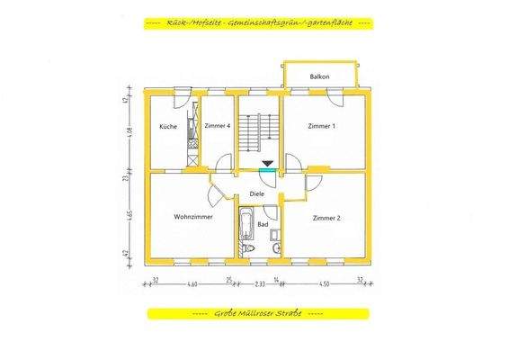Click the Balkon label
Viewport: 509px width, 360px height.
(319, 77)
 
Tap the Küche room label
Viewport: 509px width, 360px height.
(168, 127)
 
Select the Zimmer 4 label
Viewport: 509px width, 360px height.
(217, 127)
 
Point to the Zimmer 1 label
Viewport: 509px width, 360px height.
(321, 127)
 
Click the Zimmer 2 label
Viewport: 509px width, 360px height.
(326, 218)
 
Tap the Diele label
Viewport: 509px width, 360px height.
(257, 194)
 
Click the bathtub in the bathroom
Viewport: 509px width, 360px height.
(246, 230)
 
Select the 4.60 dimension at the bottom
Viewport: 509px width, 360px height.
(191, 284)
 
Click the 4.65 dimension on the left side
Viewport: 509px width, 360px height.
(129, 216)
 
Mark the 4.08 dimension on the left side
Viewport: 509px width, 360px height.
(129, 132)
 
